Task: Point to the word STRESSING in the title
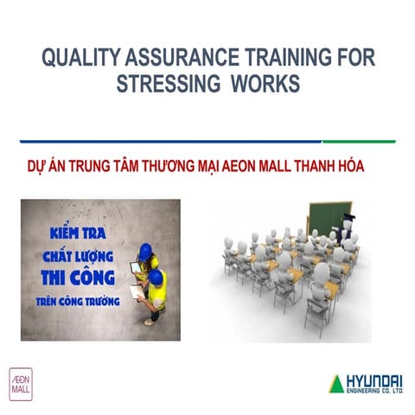coord(166,86)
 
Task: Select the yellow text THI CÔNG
coord(78,278)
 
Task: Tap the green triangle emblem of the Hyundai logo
coord(335,384)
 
